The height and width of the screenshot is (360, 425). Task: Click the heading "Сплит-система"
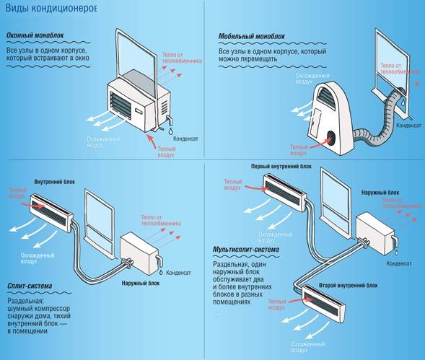(x=29, y=286)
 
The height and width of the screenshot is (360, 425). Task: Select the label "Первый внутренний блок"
(x=281, y=166)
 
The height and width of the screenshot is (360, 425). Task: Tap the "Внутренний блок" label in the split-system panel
(x=53, y=182)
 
